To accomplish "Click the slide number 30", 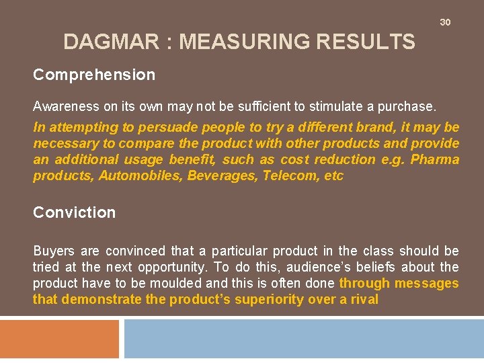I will click(445, 22).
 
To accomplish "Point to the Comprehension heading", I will click(94, 75).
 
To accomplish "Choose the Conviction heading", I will click(75, 212).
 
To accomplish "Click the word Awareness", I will click(64, 106).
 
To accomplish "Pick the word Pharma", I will click(435, 159).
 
